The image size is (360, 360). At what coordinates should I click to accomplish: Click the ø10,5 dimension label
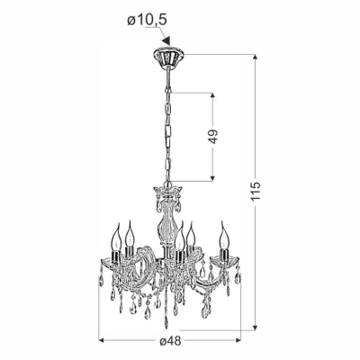[x=147, y=21]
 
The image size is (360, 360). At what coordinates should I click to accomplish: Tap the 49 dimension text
[x=213, y=137]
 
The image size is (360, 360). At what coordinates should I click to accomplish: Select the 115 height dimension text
[x=256, y=191]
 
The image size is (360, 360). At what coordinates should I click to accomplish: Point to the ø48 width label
[x=170, y=341]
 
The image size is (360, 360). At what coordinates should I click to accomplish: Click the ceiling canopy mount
[x=167, y=57]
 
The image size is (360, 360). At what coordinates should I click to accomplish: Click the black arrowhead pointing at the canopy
[x=166, y=41]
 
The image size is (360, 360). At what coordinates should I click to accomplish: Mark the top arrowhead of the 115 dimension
[x=255, y=58]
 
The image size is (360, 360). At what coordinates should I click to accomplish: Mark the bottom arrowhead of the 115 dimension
[x=255, y=327]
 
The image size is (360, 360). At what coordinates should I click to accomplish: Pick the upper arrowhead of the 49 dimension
[x=212, y=96]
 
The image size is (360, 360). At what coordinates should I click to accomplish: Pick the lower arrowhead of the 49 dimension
[x=212, y=178]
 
